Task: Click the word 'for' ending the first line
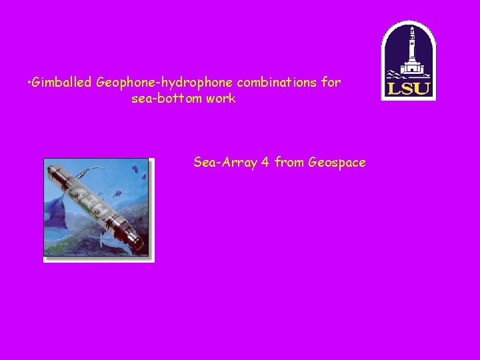[331, 83]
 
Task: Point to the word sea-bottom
[166, 99]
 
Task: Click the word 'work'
[221, 99]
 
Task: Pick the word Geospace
[337, 162]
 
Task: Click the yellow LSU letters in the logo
[409, 89]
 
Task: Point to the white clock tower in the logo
[411, 45]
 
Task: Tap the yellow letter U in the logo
[424, 89]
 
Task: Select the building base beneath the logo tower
[412, 69]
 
